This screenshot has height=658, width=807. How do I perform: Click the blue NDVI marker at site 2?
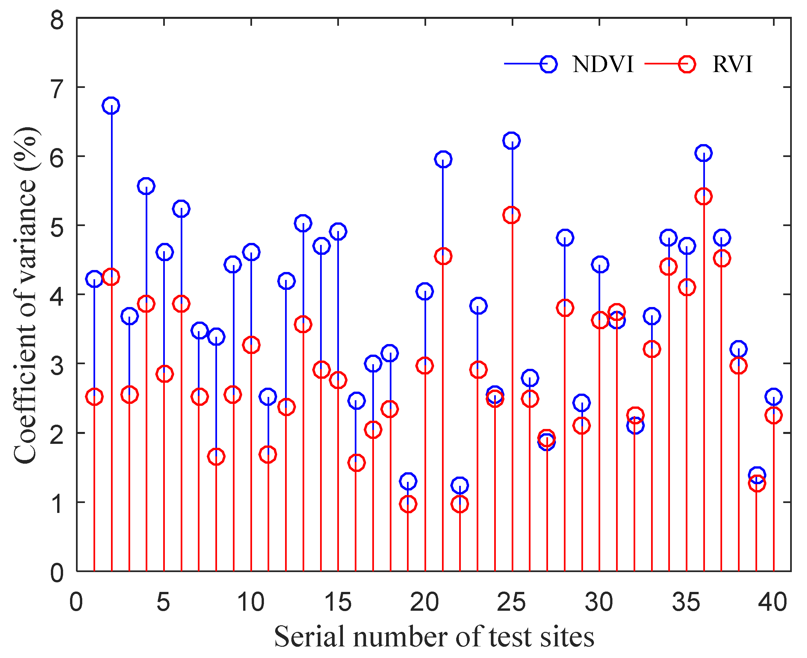(x=111, y=105)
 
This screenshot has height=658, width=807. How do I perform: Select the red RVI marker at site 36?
(x=703, y=196)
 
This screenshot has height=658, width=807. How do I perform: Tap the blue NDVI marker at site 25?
(x=511, y=140)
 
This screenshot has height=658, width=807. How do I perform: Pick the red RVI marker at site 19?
(x=408, y=504)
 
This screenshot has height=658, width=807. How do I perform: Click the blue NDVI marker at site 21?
(x=443, y=159)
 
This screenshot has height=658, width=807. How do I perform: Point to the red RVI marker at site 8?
(x=216, y=457)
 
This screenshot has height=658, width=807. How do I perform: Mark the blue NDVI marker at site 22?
(x=459, y=485)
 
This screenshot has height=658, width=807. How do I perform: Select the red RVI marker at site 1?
(x=94, y=397)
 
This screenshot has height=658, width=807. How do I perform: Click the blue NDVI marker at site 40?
(x=773, y=397)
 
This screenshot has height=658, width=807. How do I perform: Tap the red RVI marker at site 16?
(x=356, y=463)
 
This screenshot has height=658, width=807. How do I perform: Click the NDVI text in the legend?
(x=603, y=64)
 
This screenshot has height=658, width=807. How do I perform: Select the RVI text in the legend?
(x=732, y=64)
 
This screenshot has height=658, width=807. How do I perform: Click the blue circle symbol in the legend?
(x=548, y=64)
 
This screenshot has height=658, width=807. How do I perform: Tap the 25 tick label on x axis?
(x=511, y=602)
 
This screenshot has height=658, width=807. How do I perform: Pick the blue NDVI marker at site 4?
(x=146, y=186)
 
